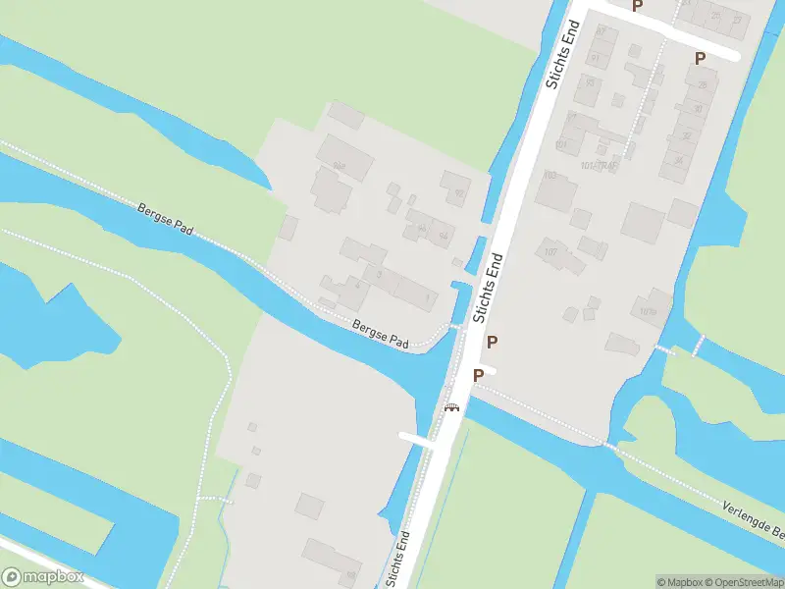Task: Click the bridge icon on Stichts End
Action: coord(451,407)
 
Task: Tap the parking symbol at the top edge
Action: coord(637,6)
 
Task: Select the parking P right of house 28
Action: coord(700,58)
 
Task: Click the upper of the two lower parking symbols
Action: coord(493,342)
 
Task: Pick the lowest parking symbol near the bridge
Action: coord(478,375)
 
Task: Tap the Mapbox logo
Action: coord(43,577)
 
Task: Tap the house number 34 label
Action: coord(678,160)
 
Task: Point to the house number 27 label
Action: coord(737,20)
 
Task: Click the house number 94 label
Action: coord(444,236)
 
